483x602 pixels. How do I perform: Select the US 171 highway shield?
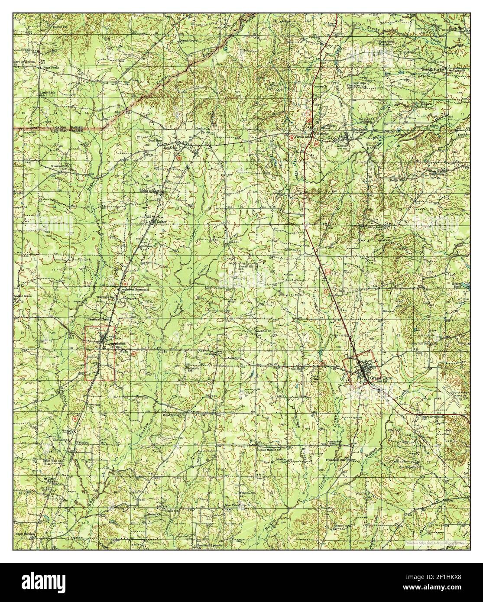(x=327, y=270)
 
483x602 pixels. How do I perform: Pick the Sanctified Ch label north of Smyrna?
(x=262, y=330)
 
